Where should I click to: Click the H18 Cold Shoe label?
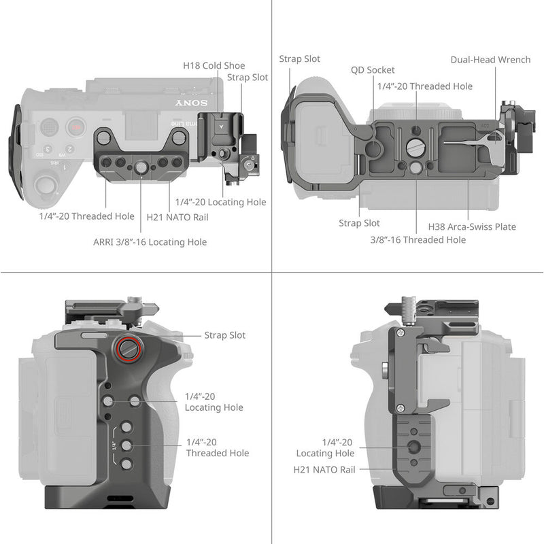(214, 66)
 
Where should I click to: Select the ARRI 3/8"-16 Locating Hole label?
(150, 242)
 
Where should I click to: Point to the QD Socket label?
(373, 70)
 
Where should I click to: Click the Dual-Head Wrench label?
(490, 60)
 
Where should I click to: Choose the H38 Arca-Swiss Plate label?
(472, 226)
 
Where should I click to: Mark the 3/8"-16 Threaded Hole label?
(418, 239)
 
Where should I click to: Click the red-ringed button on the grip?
(129, 348)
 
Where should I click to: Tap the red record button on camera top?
(77, 126)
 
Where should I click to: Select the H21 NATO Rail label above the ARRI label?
(177, 218)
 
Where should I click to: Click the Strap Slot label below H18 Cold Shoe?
(248, 78)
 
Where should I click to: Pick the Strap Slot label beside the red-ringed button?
(225, 335)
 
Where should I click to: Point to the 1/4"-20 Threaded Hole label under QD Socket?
(424, 86)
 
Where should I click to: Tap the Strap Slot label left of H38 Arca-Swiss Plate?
(359, 223)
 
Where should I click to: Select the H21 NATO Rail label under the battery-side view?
(324, 469)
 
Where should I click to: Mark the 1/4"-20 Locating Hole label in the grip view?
(214, 402)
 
